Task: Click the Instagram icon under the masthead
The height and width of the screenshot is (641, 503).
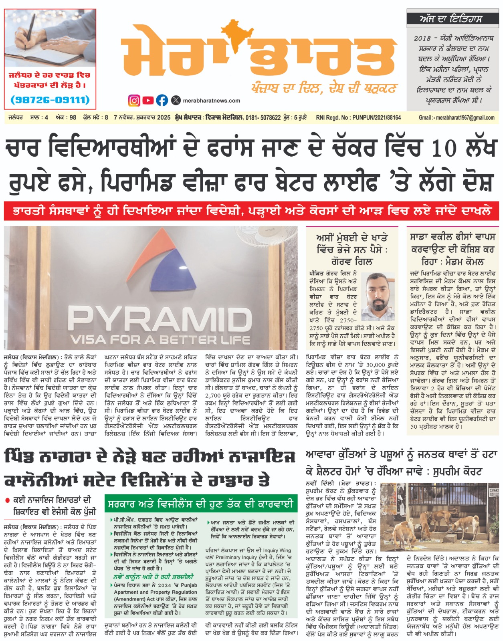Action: [x=134, y=100]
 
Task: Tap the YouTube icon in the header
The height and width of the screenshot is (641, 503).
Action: [x=148, y=100]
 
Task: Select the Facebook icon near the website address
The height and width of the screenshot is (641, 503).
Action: [x=162, y=100]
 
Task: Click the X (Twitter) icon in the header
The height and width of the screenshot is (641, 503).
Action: [x=176, y=100]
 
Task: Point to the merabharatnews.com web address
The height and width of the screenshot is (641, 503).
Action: [x=211, y=101]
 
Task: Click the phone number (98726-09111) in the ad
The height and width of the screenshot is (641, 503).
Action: [x=50, y=99]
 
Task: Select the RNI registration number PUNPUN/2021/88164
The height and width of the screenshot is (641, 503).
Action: [x=376, y=118]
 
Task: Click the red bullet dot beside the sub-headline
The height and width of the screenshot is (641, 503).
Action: [x=7, y=500]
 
